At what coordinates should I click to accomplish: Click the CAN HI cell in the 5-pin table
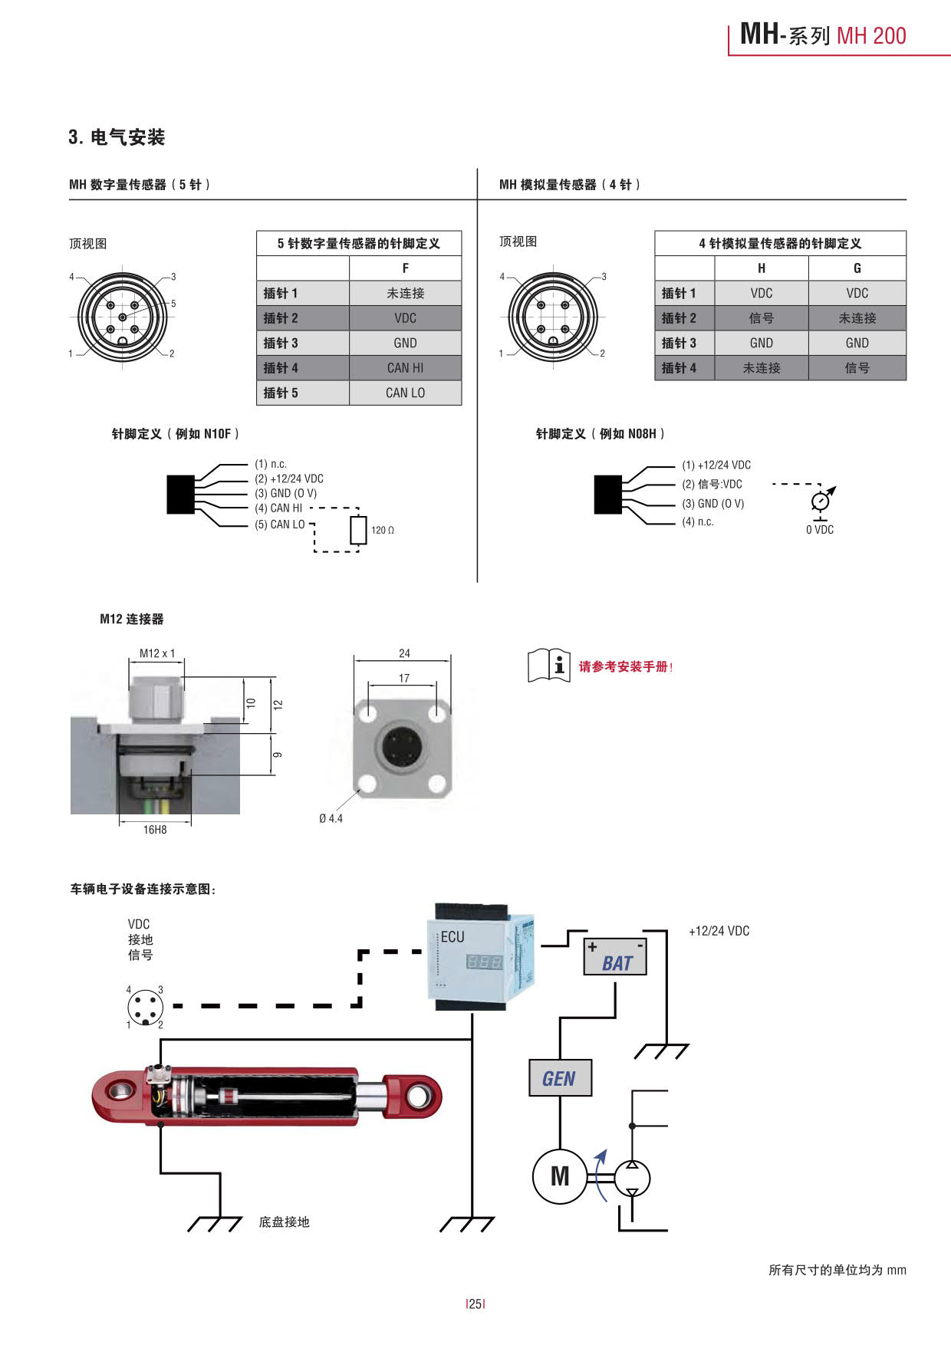point(405,368)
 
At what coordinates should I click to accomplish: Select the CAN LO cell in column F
point(405,393)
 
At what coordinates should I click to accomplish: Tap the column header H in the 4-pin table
point(761,268)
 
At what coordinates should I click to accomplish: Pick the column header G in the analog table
point(857,268)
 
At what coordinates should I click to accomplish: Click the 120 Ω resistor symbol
point(358,530)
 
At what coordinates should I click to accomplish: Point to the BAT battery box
point(615,957)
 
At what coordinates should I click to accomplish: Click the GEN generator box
point(560,1078)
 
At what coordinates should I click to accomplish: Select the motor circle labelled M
point(560,1176)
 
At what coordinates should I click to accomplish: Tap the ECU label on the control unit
point(452,937)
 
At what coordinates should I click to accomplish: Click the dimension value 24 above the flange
point(404,653)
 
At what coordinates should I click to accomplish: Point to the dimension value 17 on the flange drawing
point(404,679)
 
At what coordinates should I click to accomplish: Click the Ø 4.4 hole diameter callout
point(331,819)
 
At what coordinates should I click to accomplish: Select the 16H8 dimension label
point(155,830)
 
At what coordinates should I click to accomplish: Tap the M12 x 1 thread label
point(157,653)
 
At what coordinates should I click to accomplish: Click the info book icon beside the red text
point(548,665)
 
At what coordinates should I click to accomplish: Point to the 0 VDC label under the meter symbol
point(820,530)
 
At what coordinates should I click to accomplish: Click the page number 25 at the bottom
point(475,1304)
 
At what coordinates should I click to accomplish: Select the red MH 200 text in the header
point(871,36)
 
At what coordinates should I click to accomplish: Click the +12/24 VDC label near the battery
point(719,931)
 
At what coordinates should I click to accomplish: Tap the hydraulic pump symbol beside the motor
point(632,1178)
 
